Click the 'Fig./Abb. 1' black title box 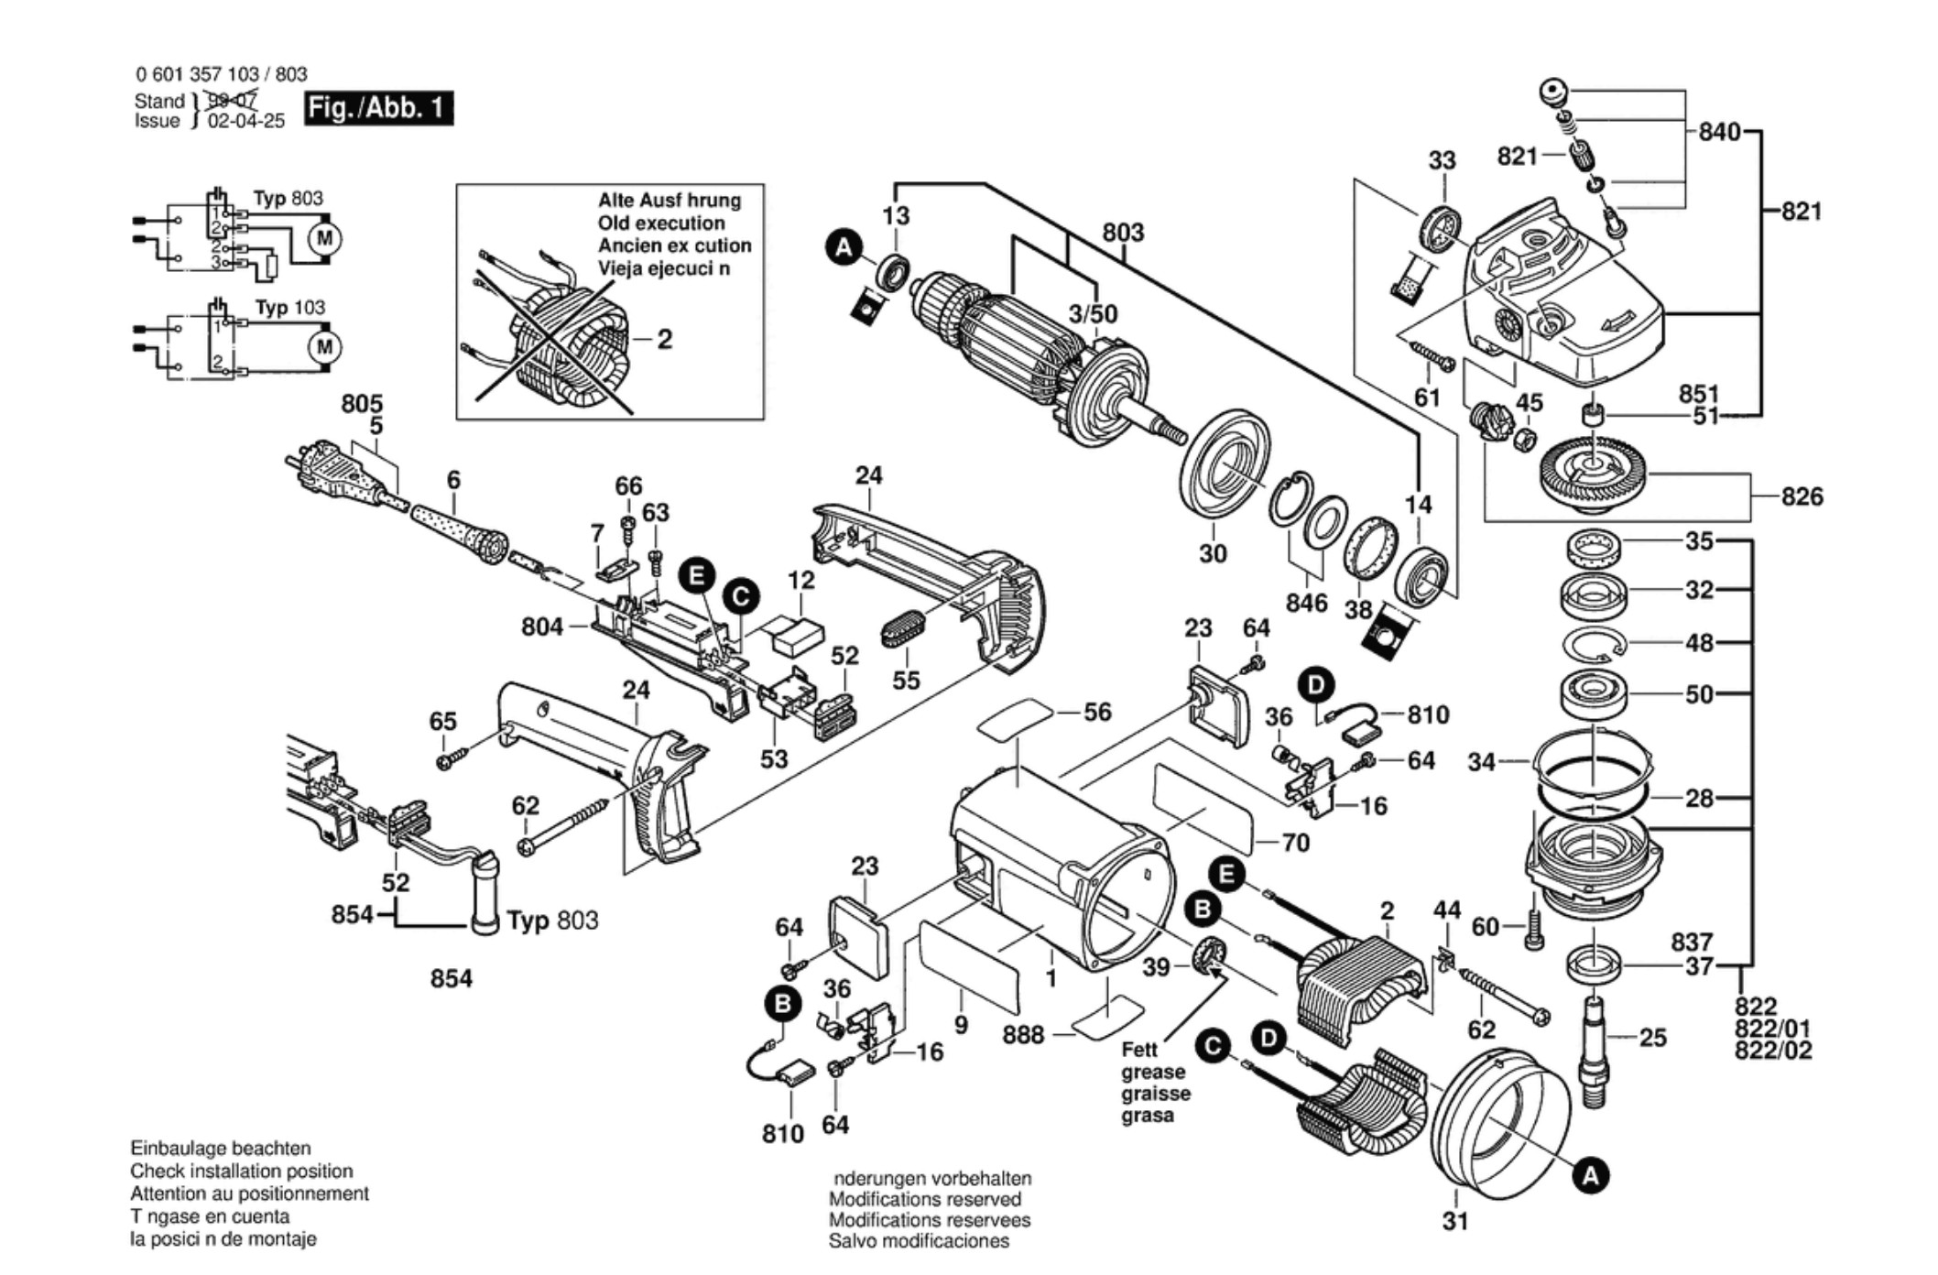pyautogui.click(x=378, y=108)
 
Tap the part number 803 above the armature pyautogui.click(x=1123, y=233)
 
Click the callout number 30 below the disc pyautogui.click(x=1213, y=553)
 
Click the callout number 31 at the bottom pyautogui.click(x=1455, y=1221)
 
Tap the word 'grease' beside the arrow pyautogui.click(x=1153, y=1072)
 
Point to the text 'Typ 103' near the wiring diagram pyautogui.click(x=289, y=308)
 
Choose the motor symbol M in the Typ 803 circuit pyautogui.click(x=324, y=239)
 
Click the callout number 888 pyautogui.click(x=1023, y=1034)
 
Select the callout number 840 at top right pyautogui.click(x=1719, y=132)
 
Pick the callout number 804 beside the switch pyautogui.click(x=542, y=627)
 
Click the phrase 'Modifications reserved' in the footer pyautogui.click(x=925, y=1199)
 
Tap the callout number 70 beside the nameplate pyautogui.click(x=1295, y=842)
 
